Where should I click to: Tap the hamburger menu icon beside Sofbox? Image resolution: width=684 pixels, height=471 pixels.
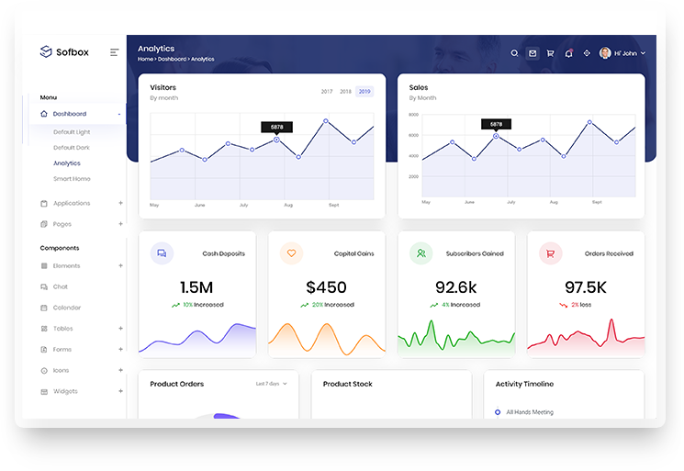pyautogui.click(x=114, y=52)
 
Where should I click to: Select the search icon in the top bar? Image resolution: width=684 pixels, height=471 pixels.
pyautogui.click(x=515, y=53)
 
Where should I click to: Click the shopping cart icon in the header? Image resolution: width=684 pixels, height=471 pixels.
pyautogui.click(x=550, y=53)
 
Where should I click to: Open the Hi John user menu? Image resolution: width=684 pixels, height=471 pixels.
pyautogui.click(x=623, y=53)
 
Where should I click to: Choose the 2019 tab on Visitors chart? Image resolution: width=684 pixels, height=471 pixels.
pyautogui.click(x=364, y=92)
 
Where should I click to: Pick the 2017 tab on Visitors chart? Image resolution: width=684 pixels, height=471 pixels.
pyautogui.click(x=327, y=92)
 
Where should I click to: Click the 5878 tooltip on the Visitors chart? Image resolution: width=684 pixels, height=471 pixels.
pyautogui.click(x=276, y=127)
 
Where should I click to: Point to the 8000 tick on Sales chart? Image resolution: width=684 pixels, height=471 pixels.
pyautogui.click(x=414, y=115)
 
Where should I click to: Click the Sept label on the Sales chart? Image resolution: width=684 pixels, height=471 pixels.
pyautogui.click(x=597, y=202)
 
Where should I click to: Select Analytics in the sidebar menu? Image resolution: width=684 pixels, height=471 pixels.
pyautogui.click(x=66, y=163)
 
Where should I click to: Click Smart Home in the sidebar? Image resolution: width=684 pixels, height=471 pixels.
pyautogui.click(x=72, y=179)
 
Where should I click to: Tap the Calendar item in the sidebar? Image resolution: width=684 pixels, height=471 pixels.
pyautogui.click(x=67, y=308)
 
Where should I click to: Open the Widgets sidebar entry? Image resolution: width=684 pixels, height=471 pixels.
pyautogui.click(x=65, y=391)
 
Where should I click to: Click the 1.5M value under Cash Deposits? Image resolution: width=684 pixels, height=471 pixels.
pyautogui.click(x=196, y=287)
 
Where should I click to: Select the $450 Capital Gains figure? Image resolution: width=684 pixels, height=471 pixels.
pyautogui.click(x=327, y=287)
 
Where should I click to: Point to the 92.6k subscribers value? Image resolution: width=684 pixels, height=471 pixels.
pyautogui.click(x=456, y=287)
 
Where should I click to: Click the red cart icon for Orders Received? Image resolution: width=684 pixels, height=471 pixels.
pyautogui.click(x=550, y=253)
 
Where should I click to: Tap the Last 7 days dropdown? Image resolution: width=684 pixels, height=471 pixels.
pyautogui.click(x=271, y=384)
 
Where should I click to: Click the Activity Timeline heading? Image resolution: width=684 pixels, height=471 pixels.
pyautogui.click(x=524, y=384)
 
